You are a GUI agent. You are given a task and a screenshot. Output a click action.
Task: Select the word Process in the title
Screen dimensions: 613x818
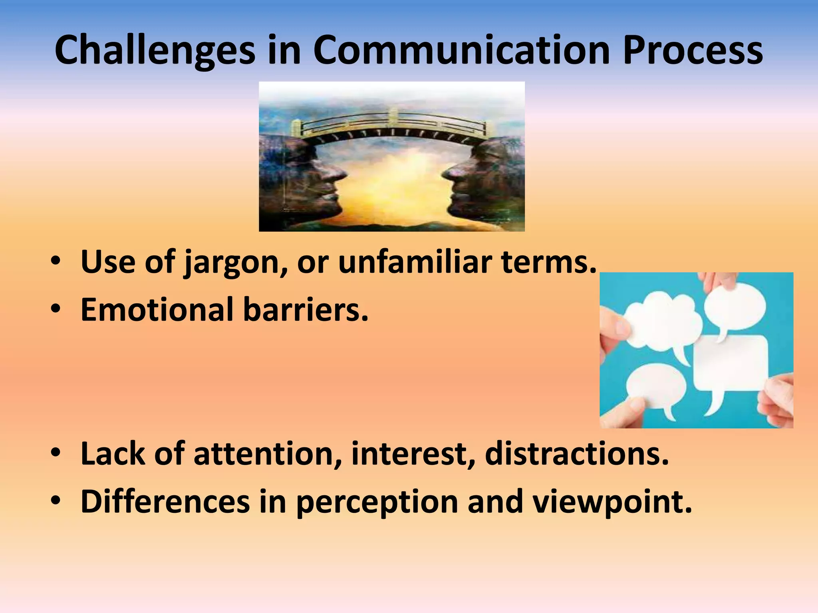coord(693,50)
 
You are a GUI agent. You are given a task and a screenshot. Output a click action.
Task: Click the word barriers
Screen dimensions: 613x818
coord(306,310)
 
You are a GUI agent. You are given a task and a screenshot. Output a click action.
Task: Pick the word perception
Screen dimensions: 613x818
coord(377,502)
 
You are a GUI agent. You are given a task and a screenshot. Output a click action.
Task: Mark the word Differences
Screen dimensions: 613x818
coord(165,502)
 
